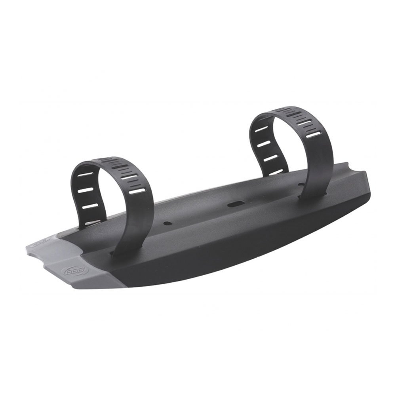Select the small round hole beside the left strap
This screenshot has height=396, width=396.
click(x=167, y=223)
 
